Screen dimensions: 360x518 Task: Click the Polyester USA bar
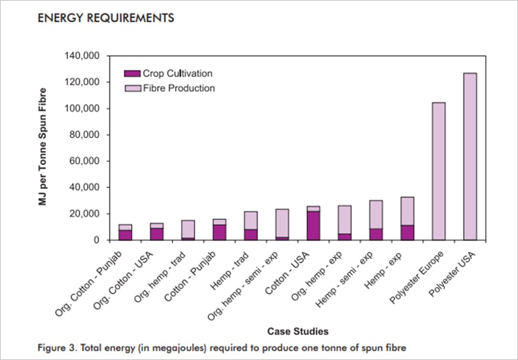coord(469,157)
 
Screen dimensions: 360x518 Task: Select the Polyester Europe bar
coord(439,171)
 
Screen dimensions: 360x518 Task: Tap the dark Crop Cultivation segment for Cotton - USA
coord(313,225)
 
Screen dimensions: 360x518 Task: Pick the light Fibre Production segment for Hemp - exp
coord(407,211)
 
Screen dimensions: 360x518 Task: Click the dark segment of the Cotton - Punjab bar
coord(219,232)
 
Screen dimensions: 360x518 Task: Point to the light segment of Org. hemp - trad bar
coord(188,229)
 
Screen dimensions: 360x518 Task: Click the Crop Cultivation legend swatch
coord(132,74)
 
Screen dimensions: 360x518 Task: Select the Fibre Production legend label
coord(178,88)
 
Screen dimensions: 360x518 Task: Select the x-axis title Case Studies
coord(299,331)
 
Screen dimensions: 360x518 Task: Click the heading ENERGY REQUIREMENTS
coord(106,18)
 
